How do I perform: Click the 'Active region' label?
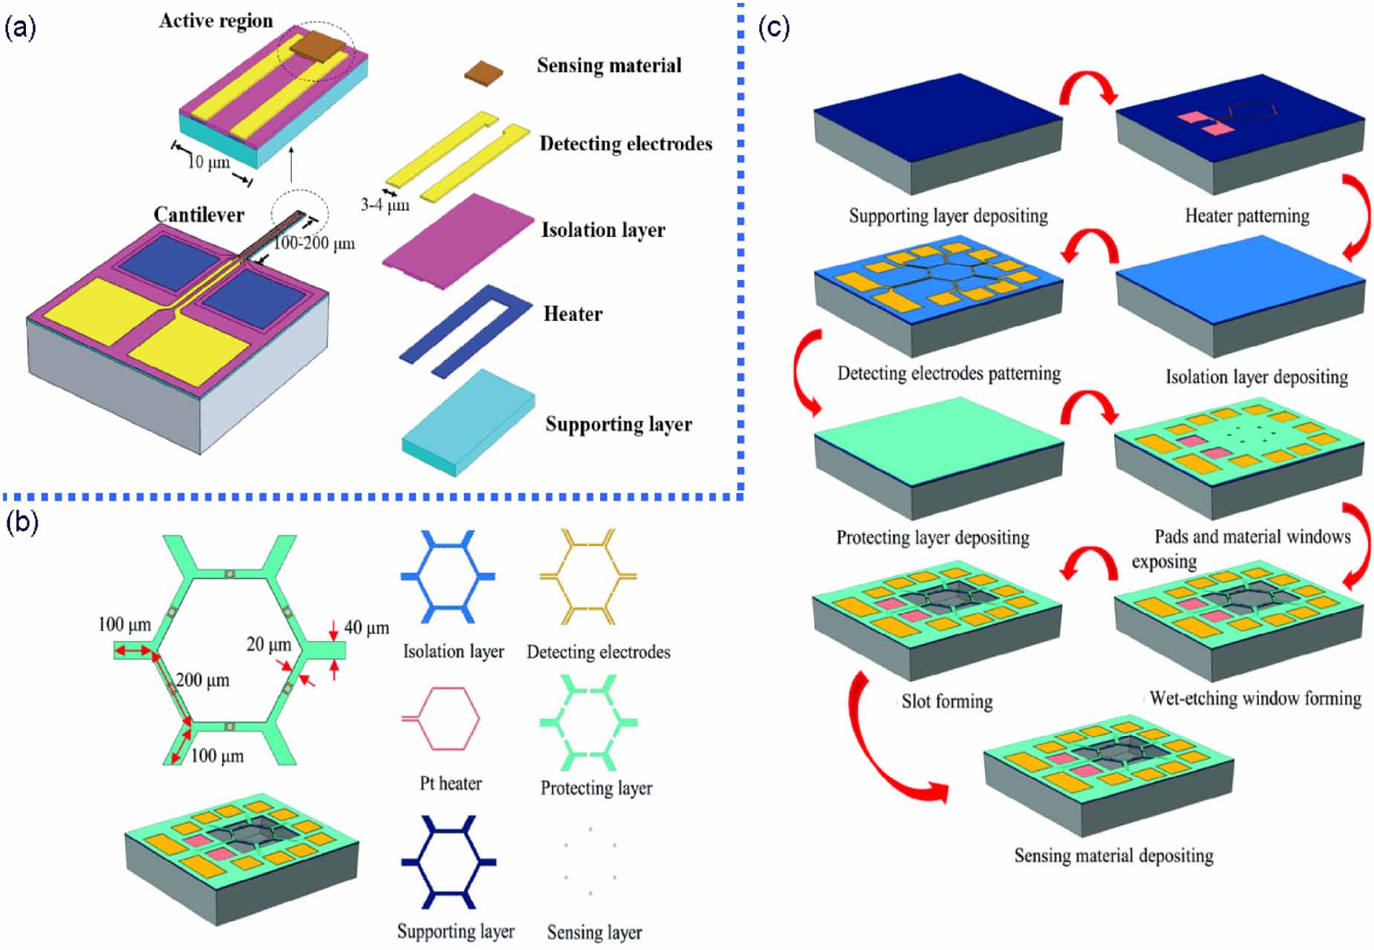[215, 21]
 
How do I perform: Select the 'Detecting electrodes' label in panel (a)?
[625, 144]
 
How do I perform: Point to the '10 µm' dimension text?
[208, 163]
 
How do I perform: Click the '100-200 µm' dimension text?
[314, 244]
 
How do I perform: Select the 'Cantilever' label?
[198, 215]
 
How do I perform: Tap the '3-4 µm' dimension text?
[385, 205]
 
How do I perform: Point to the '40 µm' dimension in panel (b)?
[366, 628]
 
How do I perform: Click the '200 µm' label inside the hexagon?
[203, 680]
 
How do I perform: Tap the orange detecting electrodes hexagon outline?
[588, 576]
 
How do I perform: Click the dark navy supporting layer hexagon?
[449, 862]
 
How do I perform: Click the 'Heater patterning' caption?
[1246, 216]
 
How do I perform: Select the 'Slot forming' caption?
[946, 702]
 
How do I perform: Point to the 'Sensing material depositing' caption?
[1113, 856]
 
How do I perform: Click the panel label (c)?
[773, 28]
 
